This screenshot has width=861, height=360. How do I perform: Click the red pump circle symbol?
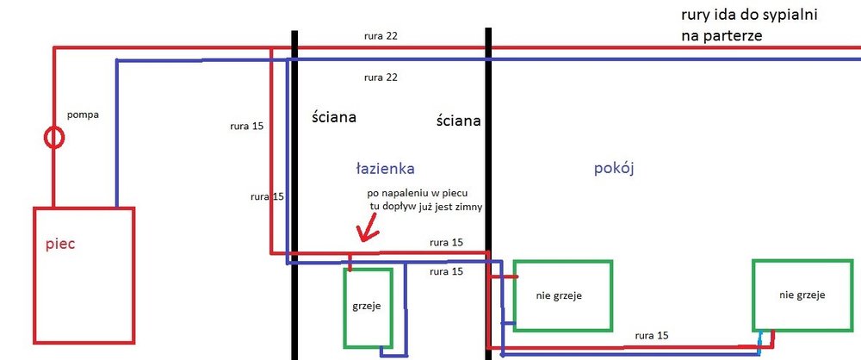[54, 137]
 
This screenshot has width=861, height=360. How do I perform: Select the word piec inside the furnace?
[61, 245]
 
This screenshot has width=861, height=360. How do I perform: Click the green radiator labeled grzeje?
[369, 307]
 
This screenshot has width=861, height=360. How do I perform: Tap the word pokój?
[614, 168]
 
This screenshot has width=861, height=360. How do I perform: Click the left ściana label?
[334, 116]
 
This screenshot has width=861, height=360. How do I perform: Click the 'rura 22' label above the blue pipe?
[380, 78]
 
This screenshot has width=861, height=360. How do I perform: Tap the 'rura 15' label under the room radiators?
[651, 334]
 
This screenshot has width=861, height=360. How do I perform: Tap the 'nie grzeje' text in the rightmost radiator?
[802, 295]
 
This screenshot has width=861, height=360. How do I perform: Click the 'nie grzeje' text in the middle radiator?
[558, 296]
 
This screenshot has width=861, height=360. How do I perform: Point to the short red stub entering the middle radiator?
[506, 277]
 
